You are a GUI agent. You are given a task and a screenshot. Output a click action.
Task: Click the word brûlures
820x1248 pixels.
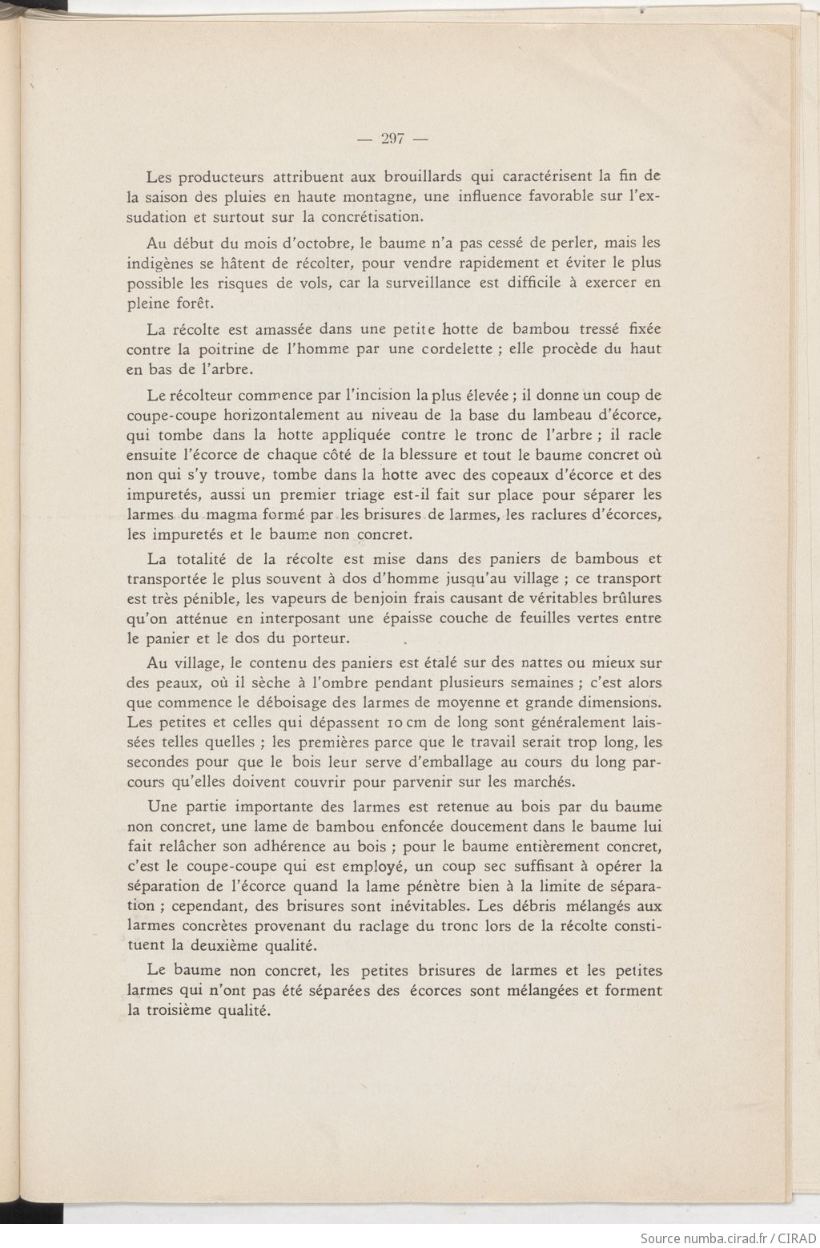(629, 598)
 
